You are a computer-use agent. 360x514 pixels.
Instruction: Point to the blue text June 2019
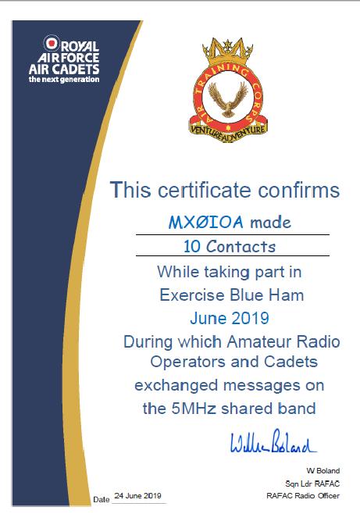pos(229,318)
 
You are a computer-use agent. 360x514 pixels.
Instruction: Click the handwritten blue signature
pos(273,446)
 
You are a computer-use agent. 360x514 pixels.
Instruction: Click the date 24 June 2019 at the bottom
pos(137,496)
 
